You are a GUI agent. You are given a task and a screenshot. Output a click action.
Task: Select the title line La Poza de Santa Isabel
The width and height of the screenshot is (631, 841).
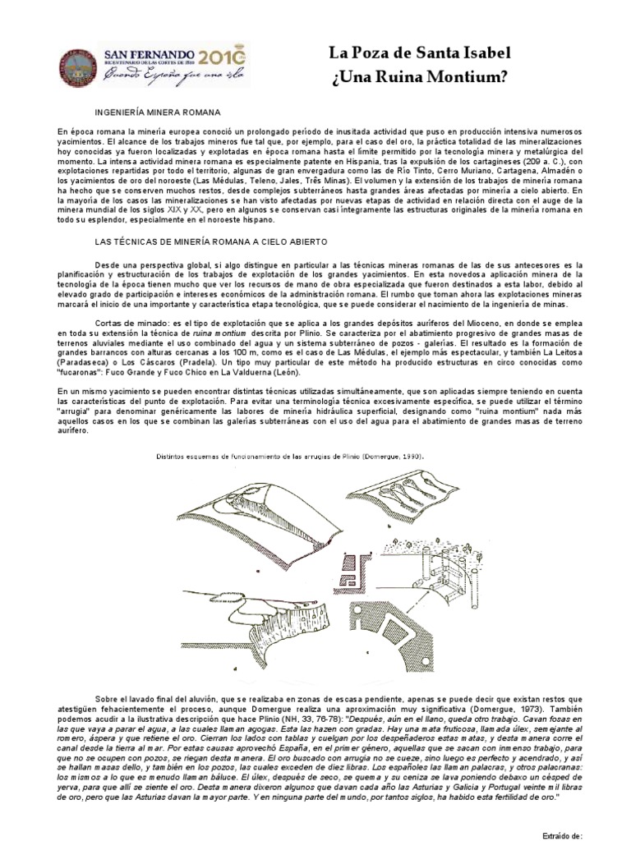[x=419, y=54]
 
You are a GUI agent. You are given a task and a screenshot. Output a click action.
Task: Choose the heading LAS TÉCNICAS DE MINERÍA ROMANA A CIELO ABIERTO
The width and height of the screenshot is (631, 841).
[x=212, y=243]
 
